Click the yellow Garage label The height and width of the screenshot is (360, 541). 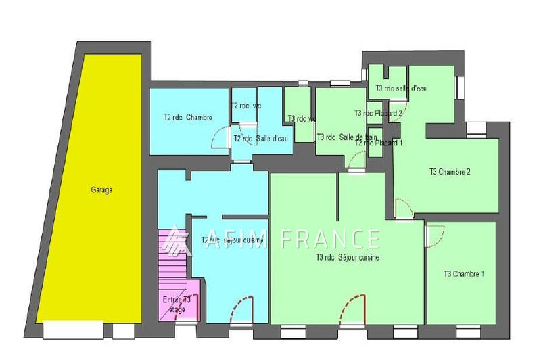pyautogui.click(x=101, y=190)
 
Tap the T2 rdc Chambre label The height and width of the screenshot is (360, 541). pyautogui.click(x=187, y=117)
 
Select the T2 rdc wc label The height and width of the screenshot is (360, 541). pyautogui.click(x=245, y=106)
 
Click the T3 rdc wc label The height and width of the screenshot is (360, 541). pyautogui.click(x=301, y=119)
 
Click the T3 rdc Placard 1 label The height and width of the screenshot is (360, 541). pyautogui.click(x=379, y=143)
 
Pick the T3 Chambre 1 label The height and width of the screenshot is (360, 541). pyautogui.click(x=464, y=274)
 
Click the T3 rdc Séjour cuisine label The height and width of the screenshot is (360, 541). pyautogui.click(x=346, y=257)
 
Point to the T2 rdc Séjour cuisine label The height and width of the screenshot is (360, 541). pyautogui.click(x=233, y=240)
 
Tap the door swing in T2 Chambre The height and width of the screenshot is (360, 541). pyautogui.click(x=220, y=138)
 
